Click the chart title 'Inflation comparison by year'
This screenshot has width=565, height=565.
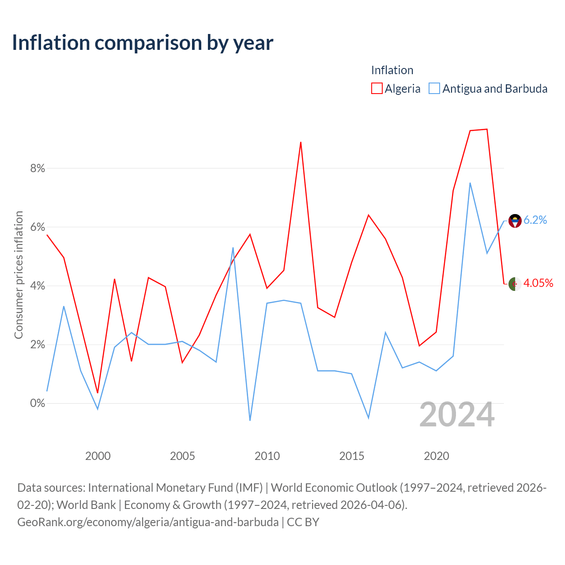pyautogui.click(x=143, y=43)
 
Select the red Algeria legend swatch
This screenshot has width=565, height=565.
pyautogui.click(x=377, y=88)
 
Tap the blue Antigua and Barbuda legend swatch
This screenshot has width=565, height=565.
pyautogui.click(x=434, y=88)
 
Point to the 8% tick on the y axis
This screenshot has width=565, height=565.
pyautogui.click(x=38, y=168)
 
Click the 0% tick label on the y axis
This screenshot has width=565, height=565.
pyautogui.click(x=38, y=403)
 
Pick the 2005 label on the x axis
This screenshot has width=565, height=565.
pyautogui.click(x=182, y=456)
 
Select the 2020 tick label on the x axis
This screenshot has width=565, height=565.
pyautogui.click(x=436, y=456)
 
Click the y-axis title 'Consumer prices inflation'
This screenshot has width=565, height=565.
pyautogui.click(x=19, y=275)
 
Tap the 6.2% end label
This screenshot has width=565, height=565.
pyautogui.click(x=535, y=220)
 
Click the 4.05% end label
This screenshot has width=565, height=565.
pyautogui.click(x=538, y=283)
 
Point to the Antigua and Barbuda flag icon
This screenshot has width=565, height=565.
pyautogui.click(x=515, y=221)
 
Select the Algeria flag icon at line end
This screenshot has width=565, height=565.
pyautogui.click(x=515, y=284)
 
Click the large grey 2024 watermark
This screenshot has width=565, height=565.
pyautogui.click(x=457, y=414)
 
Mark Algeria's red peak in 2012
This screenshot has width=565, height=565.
pyautogui.click(x=301, y=142)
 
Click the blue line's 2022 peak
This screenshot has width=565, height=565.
pyautogui.click(x=470, y=183)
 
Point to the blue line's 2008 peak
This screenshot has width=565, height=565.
pyautogui.click(x=233, y=248)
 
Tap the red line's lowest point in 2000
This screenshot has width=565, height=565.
pyautogui.click(x=98, y=393)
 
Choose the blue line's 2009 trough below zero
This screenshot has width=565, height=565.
pyautogui.click(x=250, y=421)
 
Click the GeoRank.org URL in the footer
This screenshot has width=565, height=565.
pyautogui.click(x=148, y=522)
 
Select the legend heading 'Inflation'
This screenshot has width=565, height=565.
pyautogui.click(x=392, y=70)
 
